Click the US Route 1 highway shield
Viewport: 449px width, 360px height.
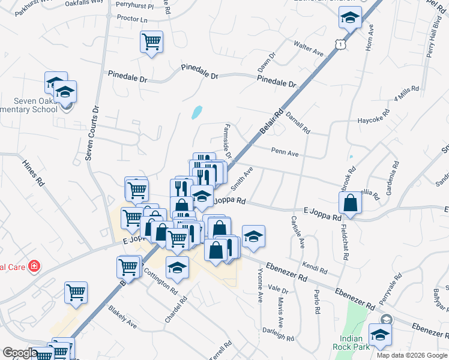[341, 44]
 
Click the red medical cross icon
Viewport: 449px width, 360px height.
[35, 266]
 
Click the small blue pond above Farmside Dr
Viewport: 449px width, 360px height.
[196, 112]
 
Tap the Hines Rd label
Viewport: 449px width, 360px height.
[33, 172]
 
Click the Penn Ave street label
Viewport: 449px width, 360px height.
[285, 154]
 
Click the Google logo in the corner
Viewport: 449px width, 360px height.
[19, 353]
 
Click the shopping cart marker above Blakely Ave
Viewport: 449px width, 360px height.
[76, 292]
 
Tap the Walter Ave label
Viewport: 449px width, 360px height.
[309, 48]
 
